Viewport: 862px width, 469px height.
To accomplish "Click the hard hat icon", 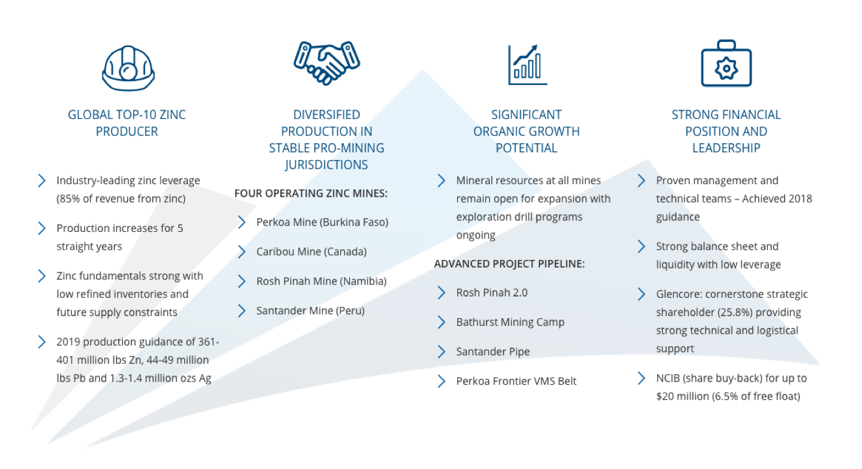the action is point(128,69).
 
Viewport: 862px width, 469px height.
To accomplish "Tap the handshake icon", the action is point(327,63).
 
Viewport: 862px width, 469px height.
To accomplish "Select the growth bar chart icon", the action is point(527,65).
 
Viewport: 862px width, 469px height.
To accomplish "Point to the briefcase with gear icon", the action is point(726,63).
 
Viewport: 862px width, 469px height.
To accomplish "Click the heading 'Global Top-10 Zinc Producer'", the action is point(127,123).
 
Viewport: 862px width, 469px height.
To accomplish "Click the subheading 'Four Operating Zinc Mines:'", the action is point(311,193).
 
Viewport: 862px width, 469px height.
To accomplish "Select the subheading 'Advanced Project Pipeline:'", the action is point(509,264).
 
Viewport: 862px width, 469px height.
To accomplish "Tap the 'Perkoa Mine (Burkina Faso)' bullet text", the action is point(322,222).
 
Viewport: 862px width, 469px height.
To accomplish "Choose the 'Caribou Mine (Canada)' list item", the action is point(311,252).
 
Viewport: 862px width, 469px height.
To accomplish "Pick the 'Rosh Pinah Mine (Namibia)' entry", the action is point(321,281).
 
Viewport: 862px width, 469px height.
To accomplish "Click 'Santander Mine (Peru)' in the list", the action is point(310,311).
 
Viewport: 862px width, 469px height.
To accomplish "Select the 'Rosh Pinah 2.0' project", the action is point(492,293).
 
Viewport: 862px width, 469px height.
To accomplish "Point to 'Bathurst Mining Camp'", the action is point(510,322).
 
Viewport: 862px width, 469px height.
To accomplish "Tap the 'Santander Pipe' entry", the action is point(493,351).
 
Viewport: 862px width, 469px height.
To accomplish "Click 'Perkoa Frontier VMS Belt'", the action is point(517,381).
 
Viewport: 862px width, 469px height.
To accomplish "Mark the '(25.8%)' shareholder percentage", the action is point(735,312).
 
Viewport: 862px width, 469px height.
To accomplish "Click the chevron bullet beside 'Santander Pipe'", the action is point(441,351).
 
